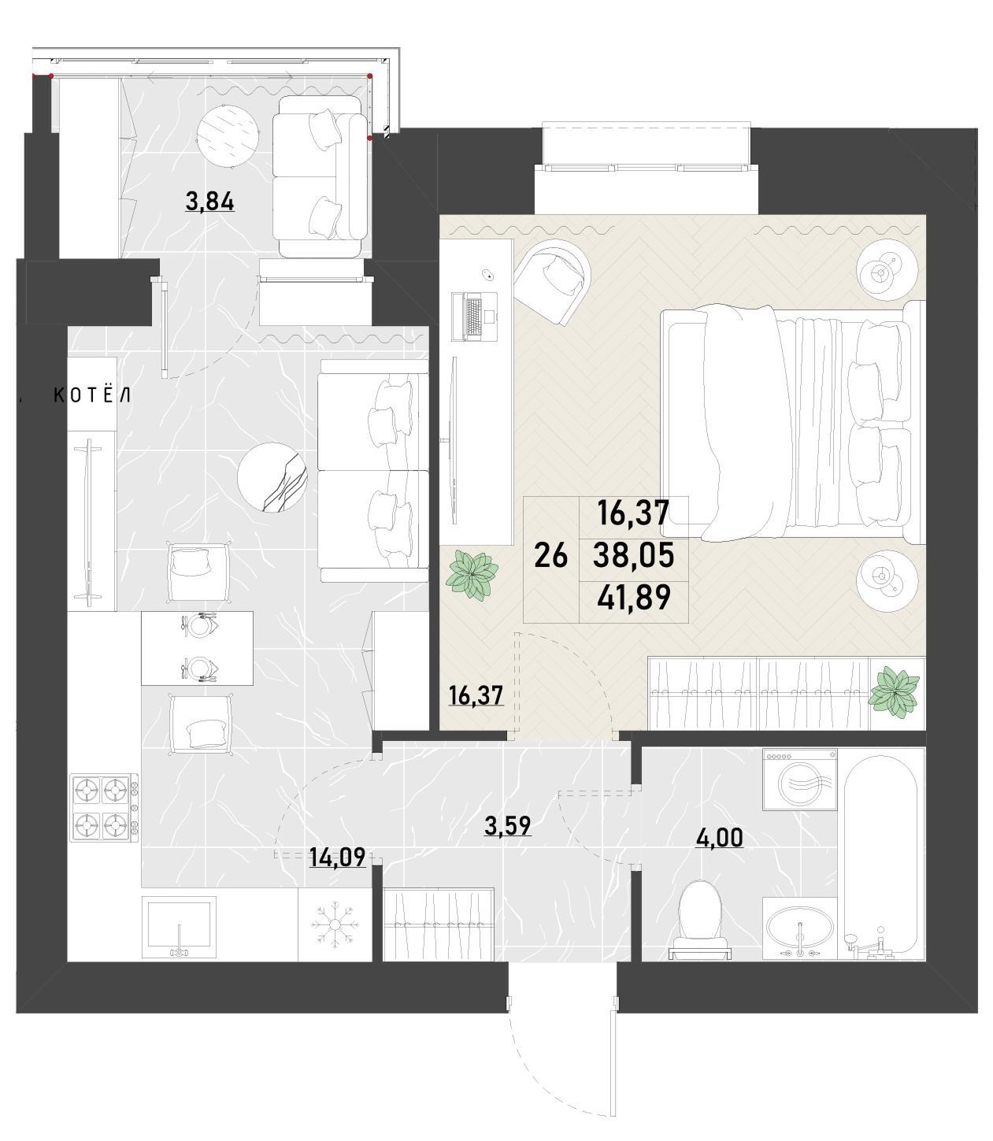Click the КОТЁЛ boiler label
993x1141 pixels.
tap(92, 395)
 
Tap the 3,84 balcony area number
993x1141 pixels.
tap(209, 202)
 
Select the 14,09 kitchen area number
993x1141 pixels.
tap(337, 858)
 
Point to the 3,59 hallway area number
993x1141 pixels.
tap(507, 825)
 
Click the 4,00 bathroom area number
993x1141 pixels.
tap(719, 838)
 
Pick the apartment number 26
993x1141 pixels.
tap(551, 555)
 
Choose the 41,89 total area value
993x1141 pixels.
tap(634, 597)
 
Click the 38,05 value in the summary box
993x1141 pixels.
tap(634, 555)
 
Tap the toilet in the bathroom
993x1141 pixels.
tap(700, 921)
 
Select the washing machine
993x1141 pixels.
tap(799, 780)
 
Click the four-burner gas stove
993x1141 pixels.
tap(104, 807)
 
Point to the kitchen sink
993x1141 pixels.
tap(179, 928)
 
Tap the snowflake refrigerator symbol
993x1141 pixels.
tap(335, 925)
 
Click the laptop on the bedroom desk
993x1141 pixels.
tap(475, 317)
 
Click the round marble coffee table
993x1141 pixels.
tap(272, 477)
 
